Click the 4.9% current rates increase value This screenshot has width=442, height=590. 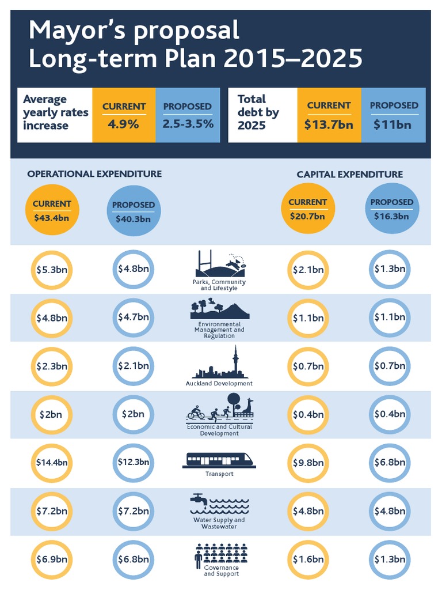[x=124, y=123]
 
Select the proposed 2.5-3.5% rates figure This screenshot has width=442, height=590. [x=187, y=123]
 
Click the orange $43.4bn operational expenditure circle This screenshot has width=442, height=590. [x=52, y=210]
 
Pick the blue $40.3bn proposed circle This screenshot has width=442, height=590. [x=134, y=211]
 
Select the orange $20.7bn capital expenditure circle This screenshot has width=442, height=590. [x=307, y=209]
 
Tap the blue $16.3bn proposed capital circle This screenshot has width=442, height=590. [x=392, y=209]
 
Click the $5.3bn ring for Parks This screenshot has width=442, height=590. [x=52, y=269]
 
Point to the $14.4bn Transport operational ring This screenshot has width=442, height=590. [x=52, y=462]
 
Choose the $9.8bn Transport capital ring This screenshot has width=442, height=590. [x=307, y=462]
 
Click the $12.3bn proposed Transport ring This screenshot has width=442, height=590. [x=134, y=462]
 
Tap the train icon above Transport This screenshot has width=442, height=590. [x=220, y=460]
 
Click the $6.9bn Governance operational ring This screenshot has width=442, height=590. [x=52, y=559]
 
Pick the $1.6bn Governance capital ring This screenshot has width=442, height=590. [x=307, y=559]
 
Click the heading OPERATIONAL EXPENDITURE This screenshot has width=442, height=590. [x=94, y=174]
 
